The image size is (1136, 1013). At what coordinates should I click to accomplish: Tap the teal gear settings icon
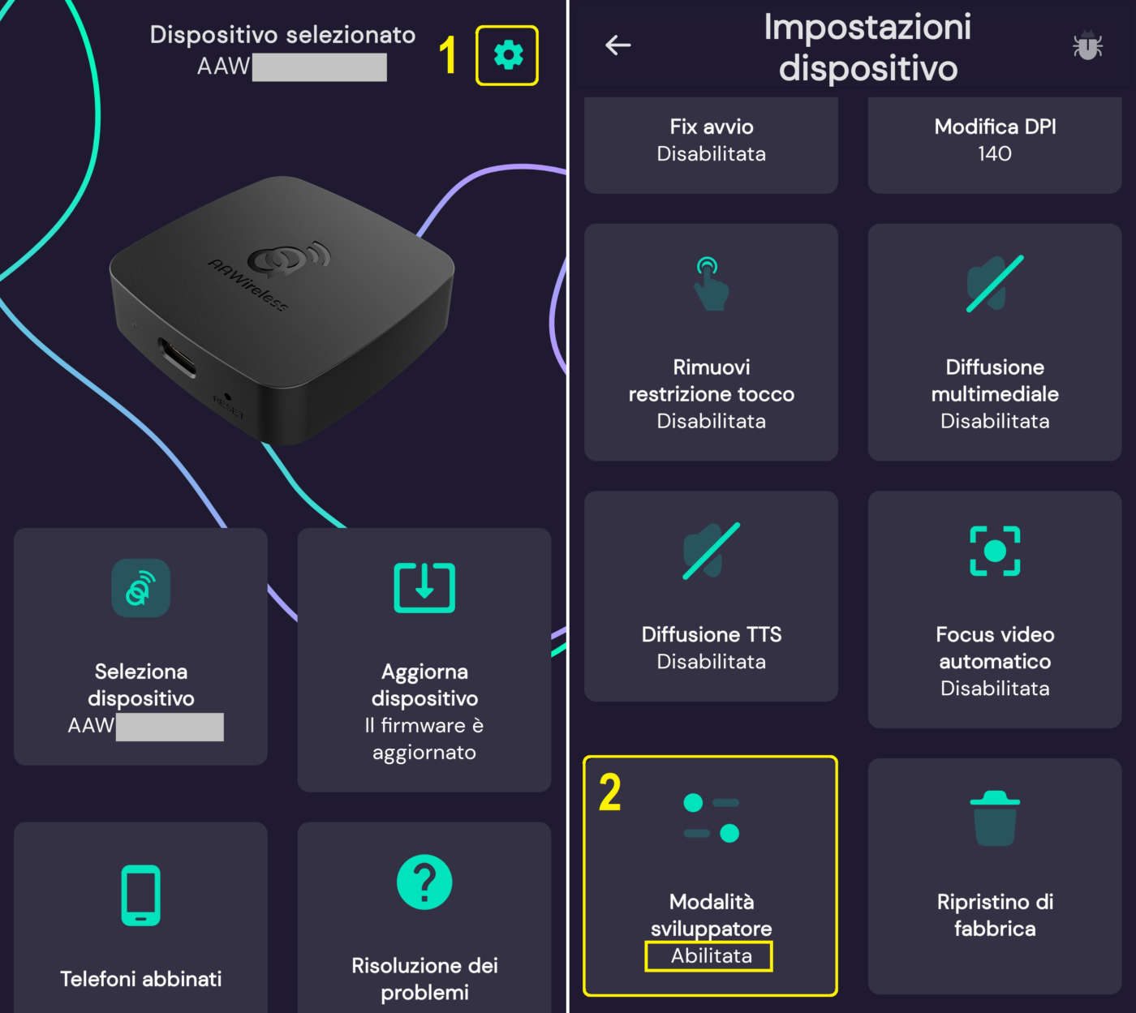pos(508,55)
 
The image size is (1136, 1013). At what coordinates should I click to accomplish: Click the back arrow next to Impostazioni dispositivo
pos(618,45)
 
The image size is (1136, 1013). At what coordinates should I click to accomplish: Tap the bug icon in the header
pos(1087,45)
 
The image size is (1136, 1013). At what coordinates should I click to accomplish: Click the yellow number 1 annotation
pos(447,54)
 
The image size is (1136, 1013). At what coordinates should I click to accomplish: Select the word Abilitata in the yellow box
pos(711,955)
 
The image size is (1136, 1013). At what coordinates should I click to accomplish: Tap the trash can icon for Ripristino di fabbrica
pos(995,818)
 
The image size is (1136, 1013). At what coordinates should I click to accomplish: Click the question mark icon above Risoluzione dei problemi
pos(424,882)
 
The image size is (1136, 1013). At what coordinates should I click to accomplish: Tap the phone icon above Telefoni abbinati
pos(140,895)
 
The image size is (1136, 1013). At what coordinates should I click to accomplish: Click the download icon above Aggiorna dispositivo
pos(424,587)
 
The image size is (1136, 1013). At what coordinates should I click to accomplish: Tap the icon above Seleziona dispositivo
pos(140,588)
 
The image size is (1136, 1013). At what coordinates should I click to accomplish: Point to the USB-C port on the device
pos(177,357)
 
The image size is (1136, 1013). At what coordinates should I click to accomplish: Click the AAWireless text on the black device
pos(247,285)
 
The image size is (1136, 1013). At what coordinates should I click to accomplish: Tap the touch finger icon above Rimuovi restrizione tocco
pos(711,283)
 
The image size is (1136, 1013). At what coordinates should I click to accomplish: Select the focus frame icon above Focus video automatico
pos(995,551)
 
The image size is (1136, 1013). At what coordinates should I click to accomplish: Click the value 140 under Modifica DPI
pos(995,153)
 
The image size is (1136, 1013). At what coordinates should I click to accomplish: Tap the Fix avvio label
pos(711,127)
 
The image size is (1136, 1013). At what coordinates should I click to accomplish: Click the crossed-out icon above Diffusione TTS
pos(711,551)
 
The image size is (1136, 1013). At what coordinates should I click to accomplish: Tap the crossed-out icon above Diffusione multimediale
pos(995,284)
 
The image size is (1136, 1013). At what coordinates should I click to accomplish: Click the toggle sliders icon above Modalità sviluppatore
pos(711,818)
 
